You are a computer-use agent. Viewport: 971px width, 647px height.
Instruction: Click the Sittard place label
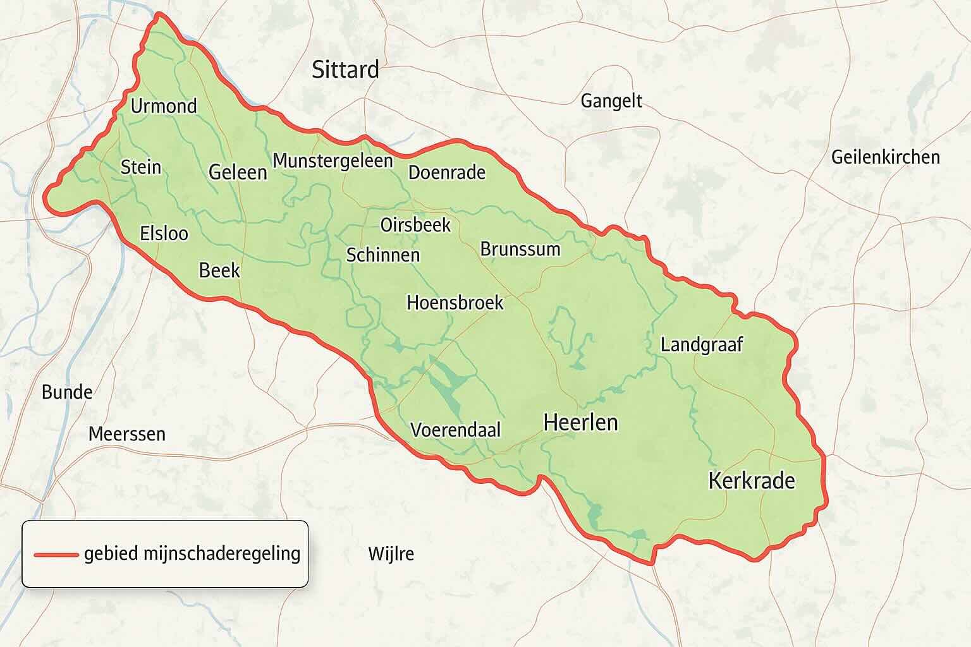(345, 70)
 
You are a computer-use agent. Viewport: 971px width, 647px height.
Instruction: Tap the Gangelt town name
(611, 101)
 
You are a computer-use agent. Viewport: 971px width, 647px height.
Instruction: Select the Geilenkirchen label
(885, 157)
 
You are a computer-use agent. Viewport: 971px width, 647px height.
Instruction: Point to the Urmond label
(164, 106)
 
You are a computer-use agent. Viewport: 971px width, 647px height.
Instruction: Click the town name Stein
(140, 167)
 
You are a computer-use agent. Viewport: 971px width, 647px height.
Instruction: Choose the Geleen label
(238, 172)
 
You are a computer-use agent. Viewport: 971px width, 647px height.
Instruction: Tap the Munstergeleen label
(333, 160)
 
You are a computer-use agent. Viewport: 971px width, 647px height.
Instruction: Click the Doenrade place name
(446, 172)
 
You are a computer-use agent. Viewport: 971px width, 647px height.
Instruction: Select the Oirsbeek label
(415, 224)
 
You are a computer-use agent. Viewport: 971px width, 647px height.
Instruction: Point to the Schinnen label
(383, 255)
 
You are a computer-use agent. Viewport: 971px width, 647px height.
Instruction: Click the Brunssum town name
(520, 249)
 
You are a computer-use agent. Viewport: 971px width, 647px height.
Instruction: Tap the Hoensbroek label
(455, 303)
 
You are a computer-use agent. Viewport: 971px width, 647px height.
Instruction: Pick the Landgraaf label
(701, 344)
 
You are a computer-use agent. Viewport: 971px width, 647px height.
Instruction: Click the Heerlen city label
(580, 422)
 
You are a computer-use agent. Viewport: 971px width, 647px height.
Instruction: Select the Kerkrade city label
(751, 481)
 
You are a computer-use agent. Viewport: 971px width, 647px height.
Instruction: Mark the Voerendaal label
(455, 430)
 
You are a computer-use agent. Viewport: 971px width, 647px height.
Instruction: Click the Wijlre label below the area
(391, 554)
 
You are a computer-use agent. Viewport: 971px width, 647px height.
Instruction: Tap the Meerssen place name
(126, 434)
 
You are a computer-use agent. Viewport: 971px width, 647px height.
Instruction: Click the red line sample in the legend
(56, 555)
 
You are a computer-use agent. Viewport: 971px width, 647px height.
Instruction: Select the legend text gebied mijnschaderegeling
(192, 553)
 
